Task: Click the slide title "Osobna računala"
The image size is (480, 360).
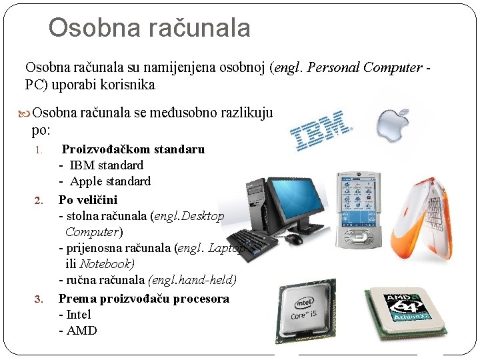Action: pos(149,28)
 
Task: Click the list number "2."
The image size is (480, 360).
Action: pos(39,200)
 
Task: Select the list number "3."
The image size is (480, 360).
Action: pos(39,299)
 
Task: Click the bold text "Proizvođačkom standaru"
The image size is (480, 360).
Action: pos(133,149)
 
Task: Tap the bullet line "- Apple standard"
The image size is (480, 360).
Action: pos(105,181)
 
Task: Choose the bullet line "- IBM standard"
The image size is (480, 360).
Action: pos(101,165)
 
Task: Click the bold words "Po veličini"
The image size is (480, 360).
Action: pos(88,200)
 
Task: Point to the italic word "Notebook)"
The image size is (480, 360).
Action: pos(107,264)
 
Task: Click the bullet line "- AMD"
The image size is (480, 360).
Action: pos(78,331)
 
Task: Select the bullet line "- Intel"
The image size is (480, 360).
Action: pos(75,315)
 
